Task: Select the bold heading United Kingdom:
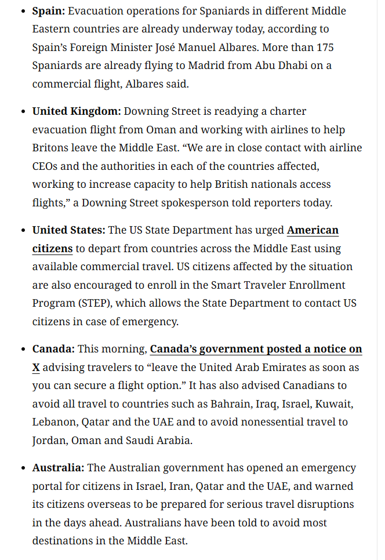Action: point(77,111)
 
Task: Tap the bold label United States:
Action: point(68,230)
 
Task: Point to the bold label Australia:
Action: point(58,467)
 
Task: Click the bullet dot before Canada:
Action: point(23,349)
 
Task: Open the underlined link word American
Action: point(313,230)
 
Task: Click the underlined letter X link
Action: point(36,368)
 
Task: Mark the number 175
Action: point(324,47)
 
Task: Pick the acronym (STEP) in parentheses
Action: point(99,303)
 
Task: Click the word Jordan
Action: point(49,440)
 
